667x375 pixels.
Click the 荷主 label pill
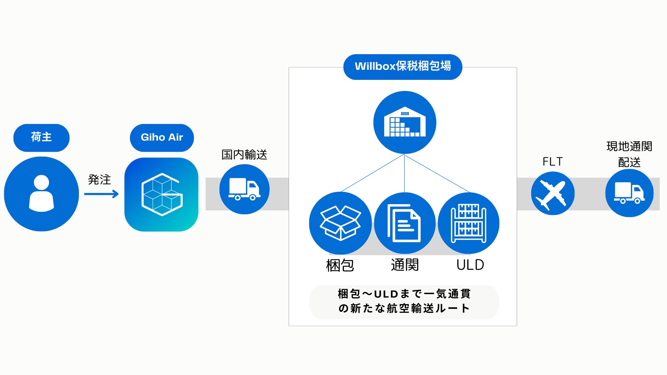click(x=41, y=137)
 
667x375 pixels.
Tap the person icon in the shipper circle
click(x=41, y=193)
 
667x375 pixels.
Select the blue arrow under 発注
click(x=101, y=194)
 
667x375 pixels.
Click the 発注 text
click(x=99, y=180)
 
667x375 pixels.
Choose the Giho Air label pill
click(x=162, y=137)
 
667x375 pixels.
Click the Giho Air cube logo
click(x=162, y=194)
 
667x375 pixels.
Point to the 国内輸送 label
click(x=244, y=155)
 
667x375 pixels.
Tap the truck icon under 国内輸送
click(x=244, y=189)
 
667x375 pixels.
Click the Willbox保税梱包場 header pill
click(x=403, y=66)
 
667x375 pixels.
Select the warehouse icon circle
click(x=405, y=123)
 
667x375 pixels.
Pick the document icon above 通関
click(x=404, y=223)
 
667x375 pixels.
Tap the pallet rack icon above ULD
click(x=469, y=223)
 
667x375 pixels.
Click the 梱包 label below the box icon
click(x=340, y=265)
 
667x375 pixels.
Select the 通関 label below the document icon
click(x=405, y=265)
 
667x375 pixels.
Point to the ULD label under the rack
click(x=470, y=265)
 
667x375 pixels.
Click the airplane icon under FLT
click(x=552, y=193)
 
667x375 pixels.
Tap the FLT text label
click(x=552, y=162)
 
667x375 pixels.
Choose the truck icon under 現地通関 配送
click(x=629, y=193)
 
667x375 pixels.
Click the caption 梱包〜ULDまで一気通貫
click(x=404, y=294)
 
